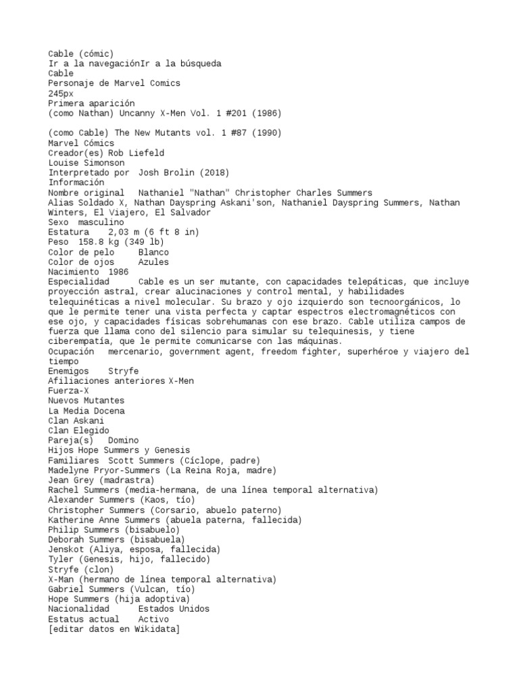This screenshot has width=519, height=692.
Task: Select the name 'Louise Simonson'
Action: [86, 163]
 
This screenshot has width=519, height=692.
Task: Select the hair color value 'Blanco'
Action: [153, 252]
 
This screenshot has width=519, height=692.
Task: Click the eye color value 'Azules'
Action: [153, 262]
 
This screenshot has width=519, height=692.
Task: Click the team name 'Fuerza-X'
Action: [68, 391]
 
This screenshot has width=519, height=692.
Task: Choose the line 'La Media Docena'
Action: [86, 411]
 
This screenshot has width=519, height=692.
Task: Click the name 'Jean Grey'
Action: [71, 480]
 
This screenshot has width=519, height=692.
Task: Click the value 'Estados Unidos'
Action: [174, 609]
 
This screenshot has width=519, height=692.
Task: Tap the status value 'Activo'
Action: [153, 619]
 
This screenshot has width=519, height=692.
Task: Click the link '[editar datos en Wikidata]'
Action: [114, 629]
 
